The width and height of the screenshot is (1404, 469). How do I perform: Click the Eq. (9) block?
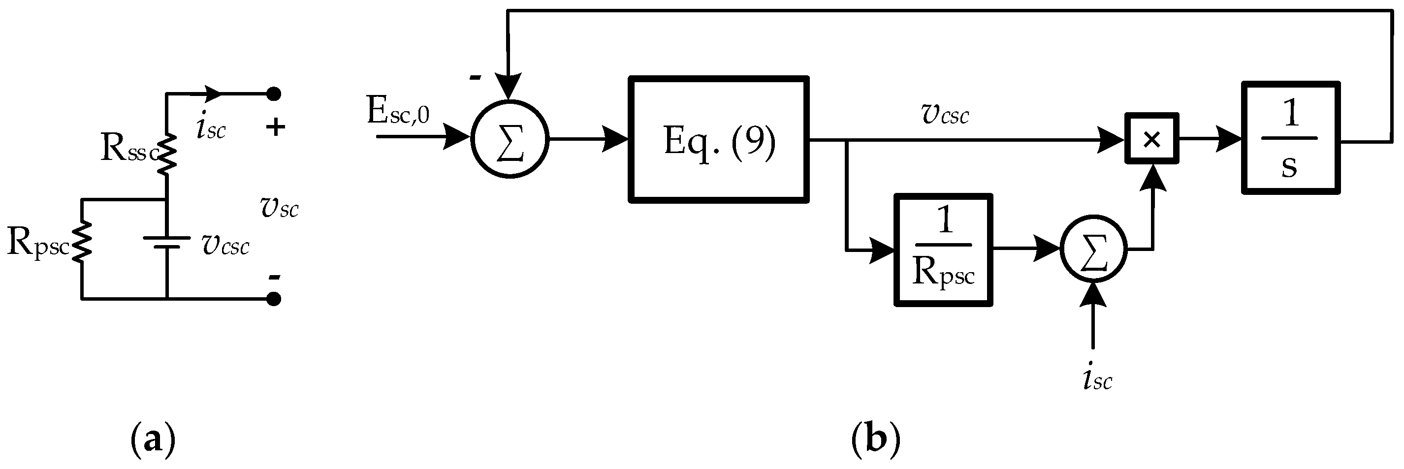[x=718, y=140]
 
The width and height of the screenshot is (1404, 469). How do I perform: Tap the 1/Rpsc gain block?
[x=943, y=250]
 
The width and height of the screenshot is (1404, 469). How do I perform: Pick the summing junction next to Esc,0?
[x=510, y=139]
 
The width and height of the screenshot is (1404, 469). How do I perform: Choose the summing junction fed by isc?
[x=1093, y=249]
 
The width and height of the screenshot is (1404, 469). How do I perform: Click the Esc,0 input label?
[x=398, y=113]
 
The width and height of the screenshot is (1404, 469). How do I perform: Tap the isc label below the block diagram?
[x=1097, y=379]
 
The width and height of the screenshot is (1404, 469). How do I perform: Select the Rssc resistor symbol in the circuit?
[x=167, y=154]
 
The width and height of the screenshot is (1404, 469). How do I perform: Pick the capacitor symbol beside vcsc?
[x=167, y=242]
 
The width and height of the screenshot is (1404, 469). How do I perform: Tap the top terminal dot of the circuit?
[x=274, y=94]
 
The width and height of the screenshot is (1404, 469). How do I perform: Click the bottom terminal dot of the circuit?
[x=274, y=299]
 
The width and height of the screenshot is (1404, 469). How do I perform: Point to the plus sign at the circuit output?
[x=275, y=127]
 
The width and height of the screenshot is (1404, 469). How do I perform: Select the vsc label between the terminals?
[x=280, y=208]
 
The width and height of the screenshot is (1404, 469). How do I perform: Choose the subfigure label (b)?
[x=875, y=438]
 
